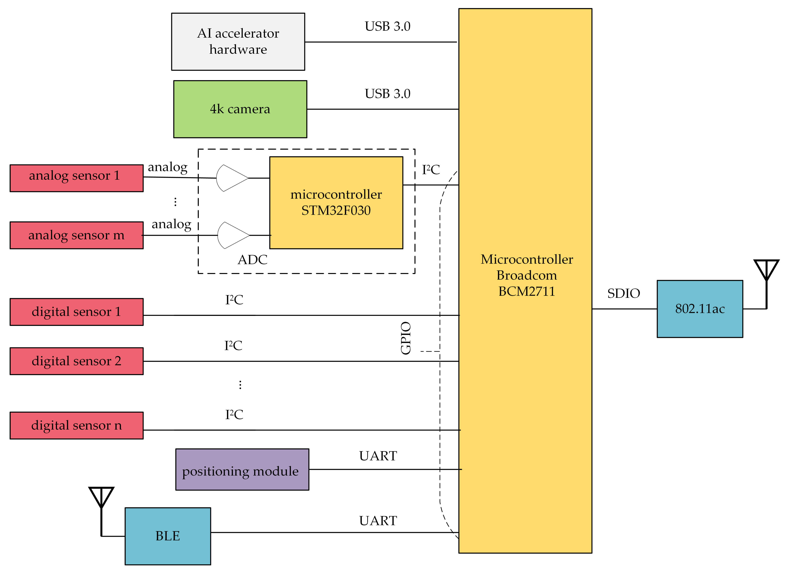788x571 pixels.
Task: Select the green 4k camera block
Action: [240, 109]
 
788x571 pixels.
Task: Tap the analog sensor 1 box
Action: [77, 178]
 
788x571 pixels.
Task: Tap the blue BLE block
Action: [168, 536]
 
